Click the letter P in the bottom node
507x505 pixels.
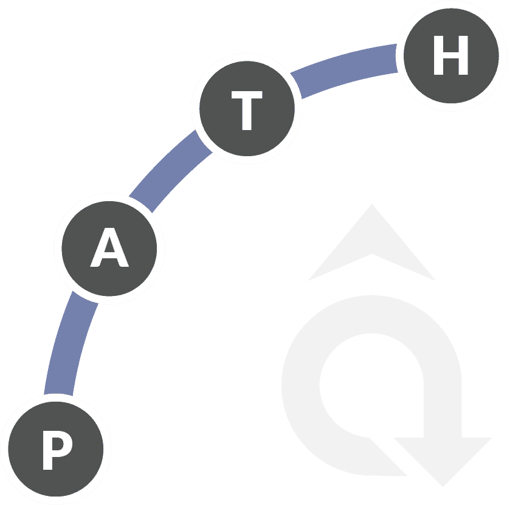coord(57,450)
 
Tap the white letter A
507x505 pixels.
coord(109,247)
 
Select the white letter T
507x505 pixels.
coord(247,111)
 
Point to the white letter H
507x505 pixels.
coord(450,55)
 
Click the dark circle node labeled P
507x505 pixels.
coord(55,449)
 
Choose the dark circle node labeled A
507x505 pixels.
coord(109,249)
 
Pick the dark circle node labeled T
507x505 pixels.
coord(247,108)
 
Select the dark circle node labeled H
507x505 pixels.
coord(451,56)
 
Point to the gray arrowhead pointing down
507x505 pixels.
coord(443,459)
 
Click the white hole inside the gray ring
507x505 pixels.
coord(371,385)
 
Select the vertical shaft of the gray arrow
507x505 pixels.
coord(443,411)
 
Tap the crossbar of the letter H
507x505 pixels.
coord(450,55)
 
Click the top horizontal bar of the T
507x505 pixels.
coord(247,94)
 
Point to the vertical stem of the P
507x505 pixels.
coord(47,450)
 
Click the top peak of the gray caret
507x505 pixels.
coord(372,204)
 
